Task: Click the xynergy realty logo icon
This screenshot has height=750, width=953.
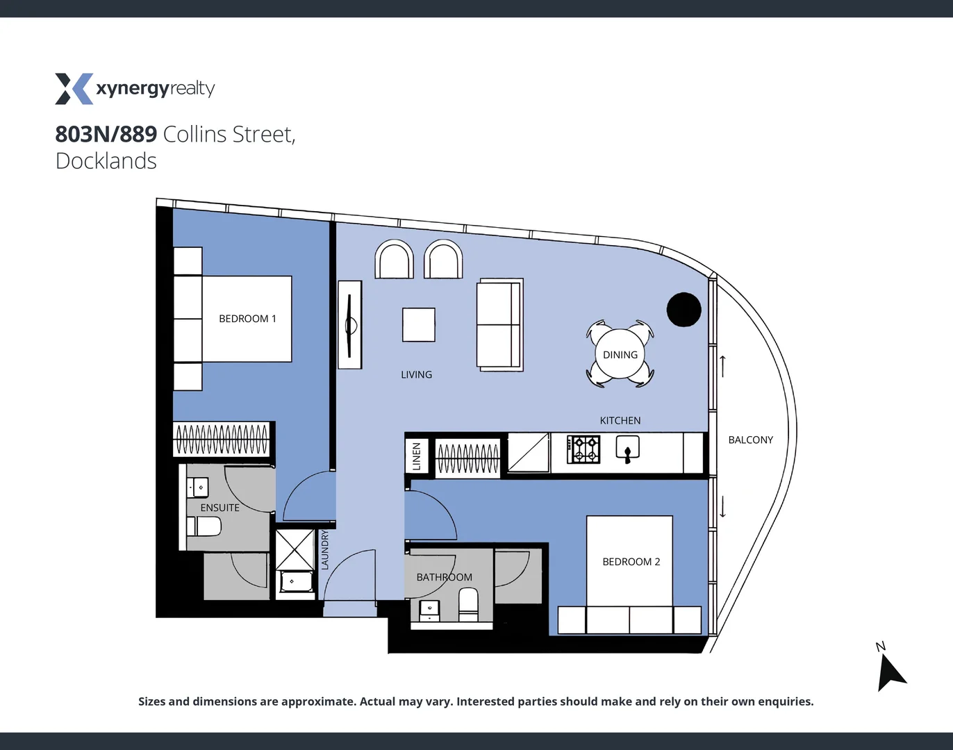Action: (74, 89)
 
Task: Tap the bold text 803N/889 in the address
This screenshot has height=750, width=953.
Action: (106, 134)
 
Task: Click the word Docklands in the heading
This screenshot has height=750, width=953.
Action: (106, 161)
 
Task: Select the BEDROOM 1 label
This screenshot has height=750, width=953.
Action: (247, 319)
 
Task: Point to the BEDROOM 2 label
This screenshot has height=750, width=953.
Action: (631, 562)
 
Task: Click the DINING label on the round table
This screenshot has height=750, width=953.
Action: (620, 355)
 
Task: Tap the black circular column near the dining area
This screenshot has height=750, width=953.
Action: (683, 310)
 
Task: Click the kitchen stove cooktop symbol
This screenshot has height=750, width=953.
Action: (583, 450)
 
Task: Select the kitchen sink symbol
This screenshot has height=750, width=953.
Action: (627, 449)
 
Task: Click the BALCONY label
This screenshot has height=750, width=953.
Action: (750, 440)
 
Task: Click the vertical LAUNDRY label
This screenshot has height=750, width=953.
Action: (324, 550)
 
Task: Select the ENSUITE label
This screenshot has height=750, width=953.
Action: (219, 508)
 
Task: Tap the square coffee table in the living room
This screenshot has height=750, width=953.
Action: (419, 325)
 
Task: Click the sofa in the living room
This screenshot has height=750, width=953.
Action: (499, 324)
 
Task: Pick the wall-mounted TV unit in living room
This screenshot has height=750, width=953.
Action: (350, 324)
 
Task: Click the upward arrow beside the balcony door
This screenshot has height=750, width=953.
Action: (722, 366)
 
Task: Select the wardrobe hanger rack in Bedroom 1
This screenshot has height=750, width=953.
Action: (222, 439)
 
